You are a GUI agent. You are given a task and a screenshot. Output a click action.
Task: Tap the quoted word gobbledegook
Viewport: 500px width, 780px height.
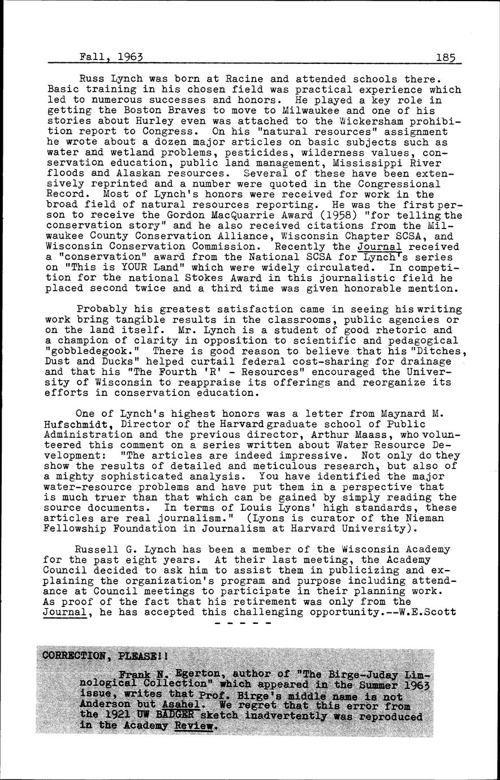(x=85, y=351)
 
